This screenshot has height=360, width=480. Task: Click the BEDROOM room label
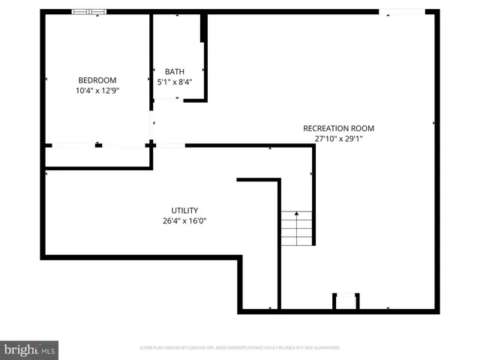97,80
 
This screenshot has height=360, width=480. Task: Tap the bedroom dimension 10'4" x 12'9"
97,90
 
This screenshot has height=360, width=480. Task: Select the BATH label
174,72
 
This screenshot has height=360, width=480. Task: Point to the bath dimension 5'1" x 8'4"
174,82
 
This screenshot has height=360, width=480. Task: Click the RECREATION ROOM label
338,128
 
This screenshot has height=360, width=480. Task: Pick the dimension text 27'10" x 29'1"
338,138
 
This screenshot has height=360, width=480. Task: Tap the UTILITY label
184,211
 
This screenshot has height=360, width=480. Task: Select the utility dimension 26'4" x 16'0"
184,220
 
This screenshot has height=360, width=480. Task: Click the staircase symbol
296,229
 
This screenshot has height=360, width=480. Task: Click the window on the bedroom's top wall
89,12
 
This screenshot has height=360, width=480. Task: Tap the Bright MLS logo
29,349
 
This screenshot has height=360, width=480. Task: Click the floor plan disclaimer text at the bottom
240,348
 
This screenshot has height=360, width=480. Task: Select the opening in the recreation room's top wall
402,12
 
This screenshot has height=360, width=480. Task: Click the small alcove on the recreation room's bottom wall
346,301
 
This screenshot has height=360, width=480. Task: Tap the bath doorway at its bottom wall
168,99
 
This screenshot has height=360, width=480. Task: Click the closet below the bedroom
97,156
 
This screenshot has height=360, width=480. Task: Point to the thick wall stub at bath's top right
202,28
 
